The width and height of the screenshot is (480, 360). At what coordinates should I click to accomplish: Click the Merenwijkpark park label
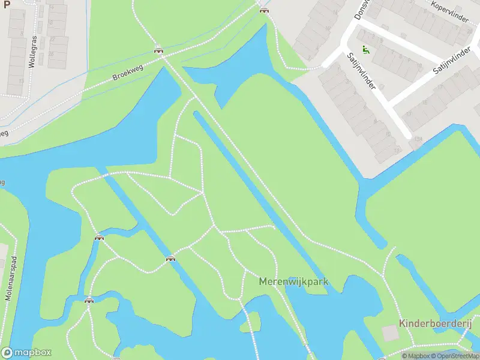pos(294,281)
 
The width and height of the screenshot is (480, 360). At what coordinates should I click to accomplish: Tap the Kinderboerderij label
pos(436,323)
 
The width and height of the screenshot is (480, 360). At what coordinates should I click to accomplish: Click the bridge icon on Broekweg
pos(159,50)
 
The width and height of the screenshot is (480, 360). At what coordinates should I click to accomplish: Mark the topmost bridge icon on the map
pos(263,9)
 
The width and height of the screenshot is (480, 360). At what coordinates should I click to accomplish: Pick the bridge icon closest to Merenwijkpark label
pos(171,259)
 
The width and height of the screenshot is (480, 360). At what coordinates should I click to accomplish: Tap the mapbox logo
pos(26,352)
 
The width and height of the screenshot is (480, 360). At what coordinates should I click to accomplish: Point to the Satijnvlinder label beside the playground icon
pos(361,71)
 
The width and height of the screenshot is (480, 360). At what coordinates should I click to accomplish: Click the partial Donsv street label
pos(360,10)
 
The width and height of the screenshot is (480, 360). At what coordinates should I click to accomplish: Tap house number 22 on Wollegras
pos(52,39)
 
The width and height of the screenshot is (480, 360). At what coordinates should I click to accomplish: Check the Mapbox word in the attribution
pos(418,356)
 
